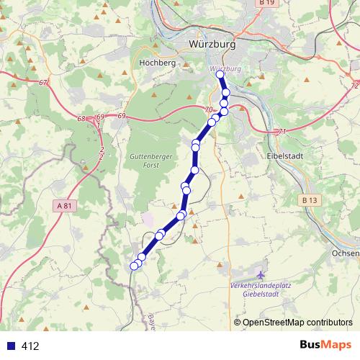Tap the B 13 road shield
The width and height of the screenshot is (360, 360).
[x=310, y=199]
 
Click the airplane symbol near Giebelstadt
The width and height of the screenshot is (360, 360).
[x=261, y=275]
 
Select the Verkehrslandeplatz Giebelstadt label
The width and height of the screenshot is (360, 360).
[x=261, y=289]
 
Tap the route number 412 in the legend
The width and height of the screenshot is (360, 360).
[x=30, y=346]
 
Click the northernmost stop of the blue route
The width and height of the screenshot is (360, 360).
[x=220, y=74]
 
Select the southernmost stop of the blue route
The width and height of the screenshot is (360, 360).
[x=134, y=266]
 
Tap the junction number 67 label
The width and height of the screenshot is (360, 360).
[x=44, y=83]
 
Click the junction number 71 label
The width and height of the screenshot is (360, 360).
[x=282, y=131]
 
